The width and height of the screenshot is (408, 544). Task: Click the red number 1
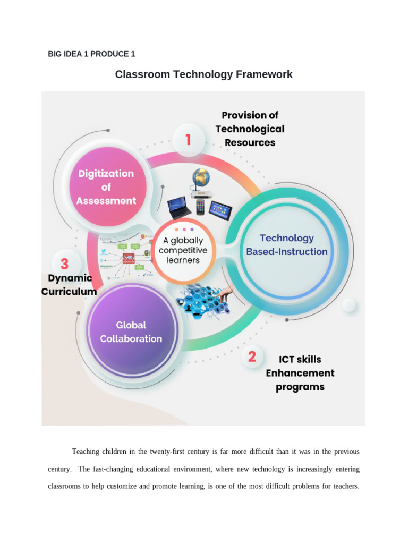(x=188, y=140)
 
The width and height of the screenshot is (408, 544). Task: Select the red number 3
(x=64, y=264)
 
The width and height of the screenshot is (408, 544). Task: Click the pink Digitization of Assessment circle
(x=106, y=186)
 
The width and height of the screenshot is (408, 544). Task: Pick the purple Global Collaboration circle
(x=131, y=331)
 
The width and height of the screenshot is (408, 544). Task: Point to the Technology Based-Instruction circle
(x=287, y=245)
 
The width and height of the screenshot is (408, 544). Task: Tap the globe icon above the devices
(x=202, y=177)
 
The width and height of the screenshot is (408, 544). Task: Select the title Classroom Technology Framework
(x=203, y=74)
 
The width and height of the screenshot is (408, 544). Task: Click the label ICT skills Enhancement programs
(x=300, y=373)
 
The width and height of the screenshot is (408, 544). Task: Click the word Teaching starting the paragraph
(x=87, y=452)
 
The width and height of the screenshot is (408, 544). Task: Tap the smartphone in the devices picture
(x=200, y=207)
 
